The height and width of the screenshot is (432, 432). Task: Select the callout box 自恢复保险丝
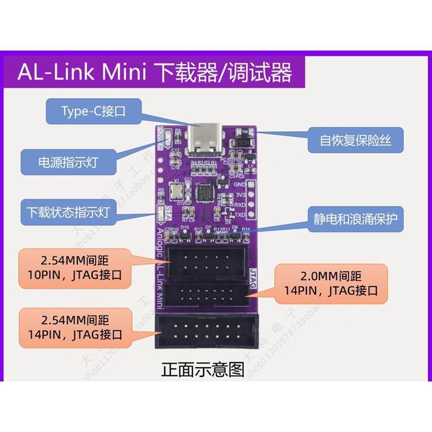pos(355,140)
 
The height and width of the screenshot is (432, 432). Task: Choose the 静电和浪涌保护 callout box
pos(355,217)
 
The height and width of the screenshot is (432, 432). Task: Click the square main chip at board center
pos(206,196)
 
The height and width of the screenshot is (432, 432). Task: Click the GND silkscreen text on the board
pos(240,184)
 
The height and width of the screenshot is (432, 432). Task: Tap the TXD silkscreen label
pos(240,214)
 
